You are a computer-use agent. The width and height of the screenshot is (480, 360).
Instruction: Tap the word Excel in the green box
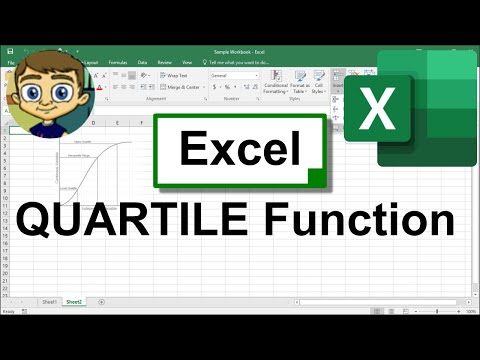tap(240, 150)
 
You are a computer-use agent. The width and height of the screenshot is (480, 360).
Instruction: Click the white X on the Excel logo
tap(377, 110)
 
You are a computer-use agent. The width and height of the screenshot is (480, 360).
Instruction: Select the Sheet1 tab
tap(49, 301)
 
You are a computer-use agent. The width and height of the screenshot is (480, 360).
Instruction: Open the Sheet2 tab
tap(74, 301)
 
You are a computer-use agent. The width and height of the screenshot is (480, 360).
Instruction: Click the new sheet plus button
tap(98, 301)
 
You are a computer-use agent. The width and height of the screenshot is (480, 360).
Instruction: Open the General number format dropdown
tap(233, 75)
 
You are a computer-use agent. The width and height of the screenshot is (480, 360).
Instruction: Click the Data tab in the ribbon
tap(142, 61)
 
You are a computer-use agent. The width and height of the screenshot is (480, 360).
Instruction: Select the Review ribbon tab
tap(164, 61)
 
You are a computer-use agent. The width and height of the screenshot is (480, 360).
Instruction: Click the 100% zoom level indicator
tap(470, 311)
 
